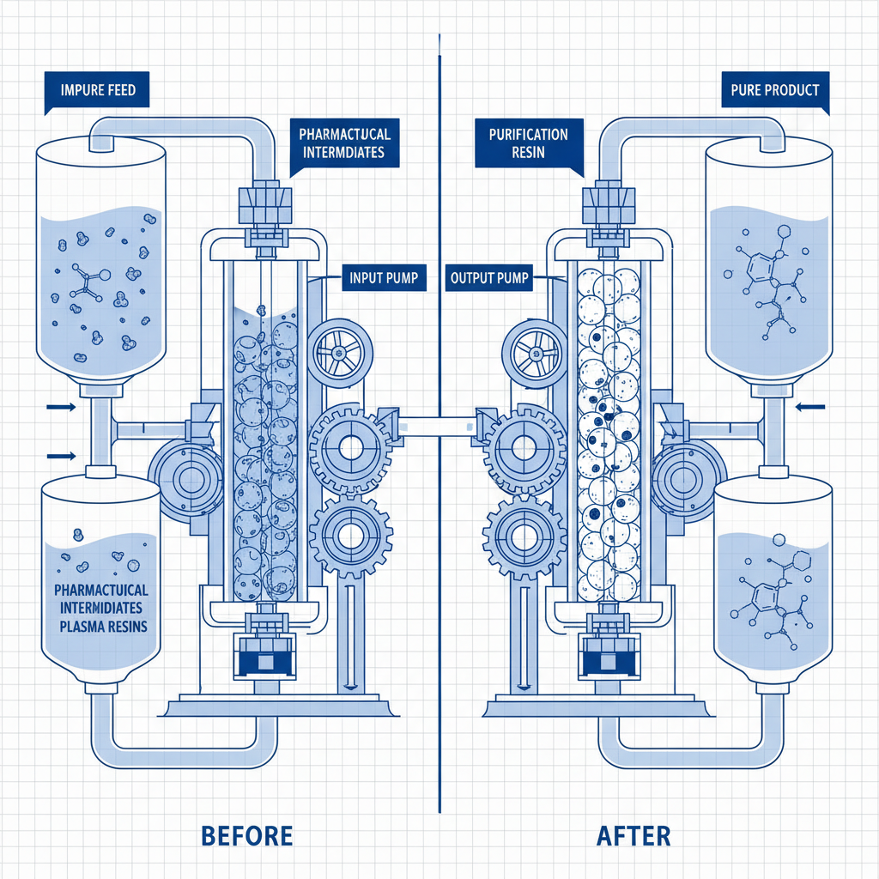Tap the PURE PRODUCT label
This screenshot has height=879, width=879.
coord(775,90)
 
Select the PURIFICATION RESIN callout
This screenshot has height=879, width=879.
coord(528,143)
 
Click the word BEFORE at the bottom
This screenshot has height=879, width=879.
coord(246,835)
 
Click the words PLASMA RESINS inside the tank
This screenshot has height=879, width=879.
coord(104,627)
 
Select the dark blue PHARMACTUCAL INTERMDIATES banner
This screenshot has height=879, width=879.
coord(344,143)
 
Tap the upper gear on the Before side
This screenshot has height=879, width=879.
coord(350,447)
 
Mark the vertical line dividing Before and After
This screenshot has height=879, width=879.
coord(439,429)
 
